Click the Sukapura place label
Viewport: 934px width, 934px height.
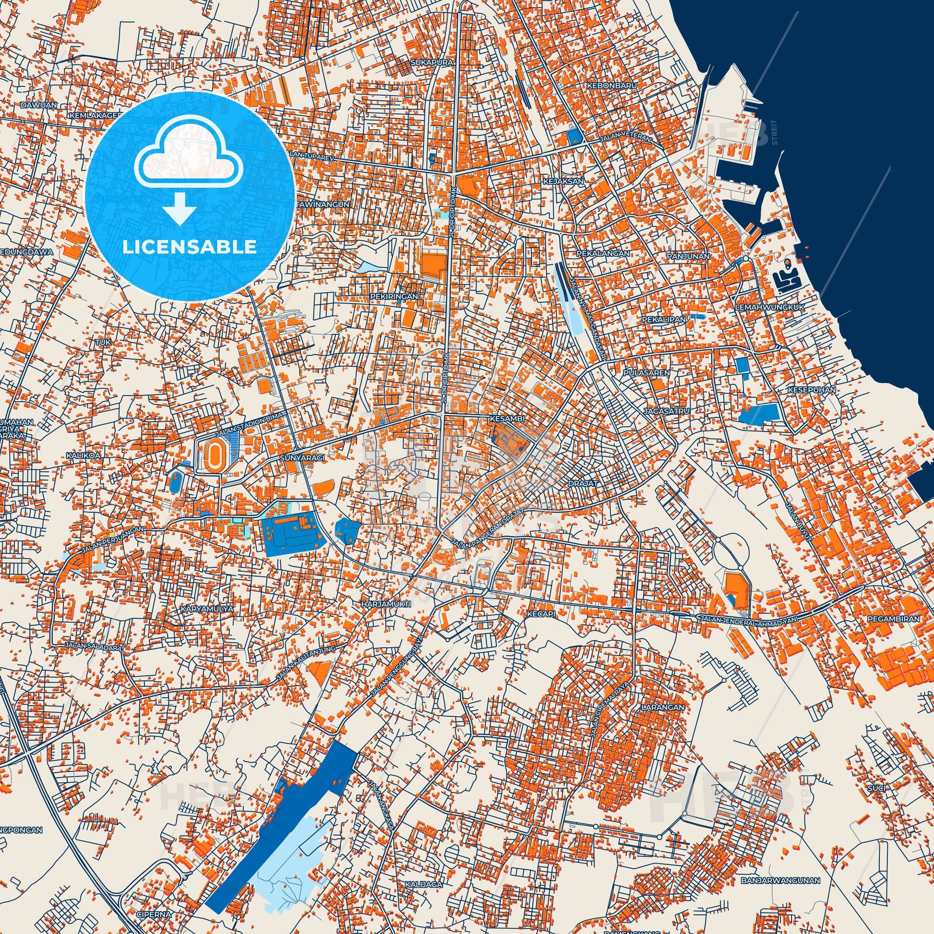pos(425,63)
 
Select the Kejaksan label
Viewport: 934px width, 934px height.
pos(571,181)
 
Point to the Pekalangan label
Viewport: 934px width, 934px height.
pos(603,253)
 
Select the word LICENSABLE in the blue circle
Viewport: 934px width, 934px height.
pos(190,247)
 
